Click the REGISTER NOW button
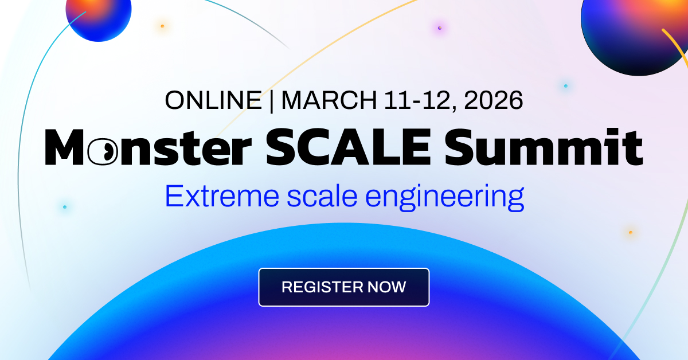pos(343,287)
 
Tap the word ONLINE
pos(213,100)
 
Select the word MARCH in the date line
pos(329,100)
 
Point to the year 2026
pos(493,100)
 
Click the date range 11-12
pos(419,100)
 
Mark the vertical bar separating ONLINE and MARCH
pos(271,101)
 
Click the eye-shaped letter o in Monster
pos(103,151)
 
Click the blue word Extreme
pos(222,196)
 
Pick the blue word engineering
pos(444,198)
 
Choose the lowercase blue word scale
pos(322,196)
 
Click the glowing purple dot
pos(440,28)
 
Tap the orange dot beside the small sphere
pos(162,26)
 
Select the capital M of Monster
pos(64,147)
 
